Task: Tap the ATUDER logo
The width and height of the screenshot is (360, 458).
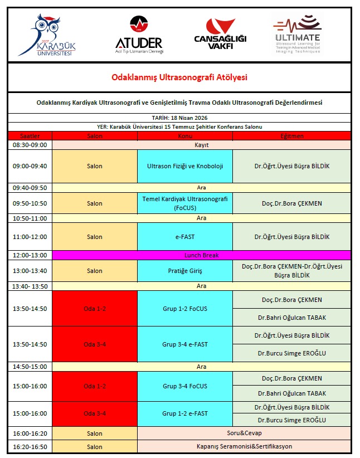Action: pos(138,33)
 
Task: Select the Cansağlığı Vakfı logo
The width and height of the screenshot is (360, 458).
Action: pos(220,33)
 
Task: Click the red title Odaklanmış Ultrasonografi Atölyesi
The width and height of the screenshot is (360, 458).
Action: pos(179,77)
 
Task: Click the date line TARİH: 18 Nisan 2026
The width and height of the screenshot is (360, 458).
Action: pos(179,118)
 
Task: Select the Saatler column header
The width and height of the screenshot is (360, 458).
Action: pos(30,136)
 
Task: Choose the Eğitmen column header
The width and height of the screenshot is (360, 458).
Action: pos(291,136)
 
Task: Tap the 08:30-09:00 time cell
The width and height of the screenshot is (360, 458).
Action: pos(30,145)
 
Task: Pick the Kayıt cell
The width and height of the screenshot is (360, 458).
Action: pos(201,145)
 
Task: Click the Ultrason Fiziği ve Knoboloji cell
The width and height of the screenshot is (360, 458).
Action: pos(185,166)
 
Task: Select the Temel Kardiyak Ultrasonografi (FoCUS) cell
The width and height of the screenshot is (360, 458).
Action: pos(185,203)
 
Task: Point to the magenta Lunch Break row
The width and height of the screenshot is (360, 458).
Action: pos(201,255)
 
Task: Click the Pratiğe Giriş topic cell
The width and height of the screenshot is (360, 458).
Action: pos(185,271)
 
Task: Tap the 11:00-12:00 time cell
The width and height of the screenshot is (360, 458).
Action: pos(30,237)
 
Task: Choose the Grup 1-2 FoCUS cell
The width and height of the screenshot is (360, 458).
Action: pos(185,308)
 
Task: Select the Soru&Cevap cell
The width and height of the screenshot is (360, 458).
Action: pos(244,433)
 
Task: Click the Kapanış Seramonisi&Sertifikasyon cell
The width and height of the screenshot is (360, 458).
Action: pos(244,446)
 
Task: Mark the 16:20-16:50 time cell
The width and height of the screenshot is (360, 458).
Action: pos(30,446)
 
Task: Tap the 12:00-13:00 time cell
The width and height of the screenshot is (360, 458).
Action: pos(30,255)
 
